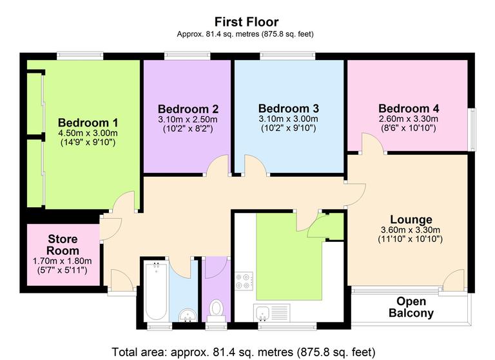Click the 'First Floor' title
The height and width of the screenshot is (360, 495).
click(247, 21)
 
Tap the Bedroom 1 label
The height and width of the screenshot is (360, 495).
click(88, 123)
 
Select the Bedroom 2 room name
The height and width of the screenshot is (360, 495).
click(188, 109)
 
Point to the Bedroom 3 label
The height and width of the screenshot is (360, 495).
click(288, 108)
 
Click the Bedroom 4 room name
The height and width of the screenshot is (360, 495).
click(408, 108)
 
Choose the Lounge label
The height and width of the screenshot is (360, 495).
click(411, 219)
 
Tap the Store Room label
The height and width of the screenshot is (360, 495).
click(63, 245)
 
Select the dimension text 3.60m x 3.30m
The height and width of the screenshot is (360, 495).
click(411, 230)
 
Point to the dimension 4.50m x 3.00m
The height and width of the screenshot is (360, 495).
click(87, 134)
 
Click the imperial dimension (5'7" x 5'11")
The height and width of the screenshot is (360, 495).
click(63, 271)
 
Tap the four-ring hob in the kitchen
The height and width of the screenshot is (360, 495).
click(244, 281)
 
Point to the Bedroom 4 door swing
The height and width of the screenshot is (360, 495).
click(373, 146)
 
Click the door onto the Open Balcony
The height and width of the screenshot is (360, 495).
click(454, 281)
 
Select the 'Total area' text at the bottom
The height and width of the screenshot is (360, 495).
click(243, 352)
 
